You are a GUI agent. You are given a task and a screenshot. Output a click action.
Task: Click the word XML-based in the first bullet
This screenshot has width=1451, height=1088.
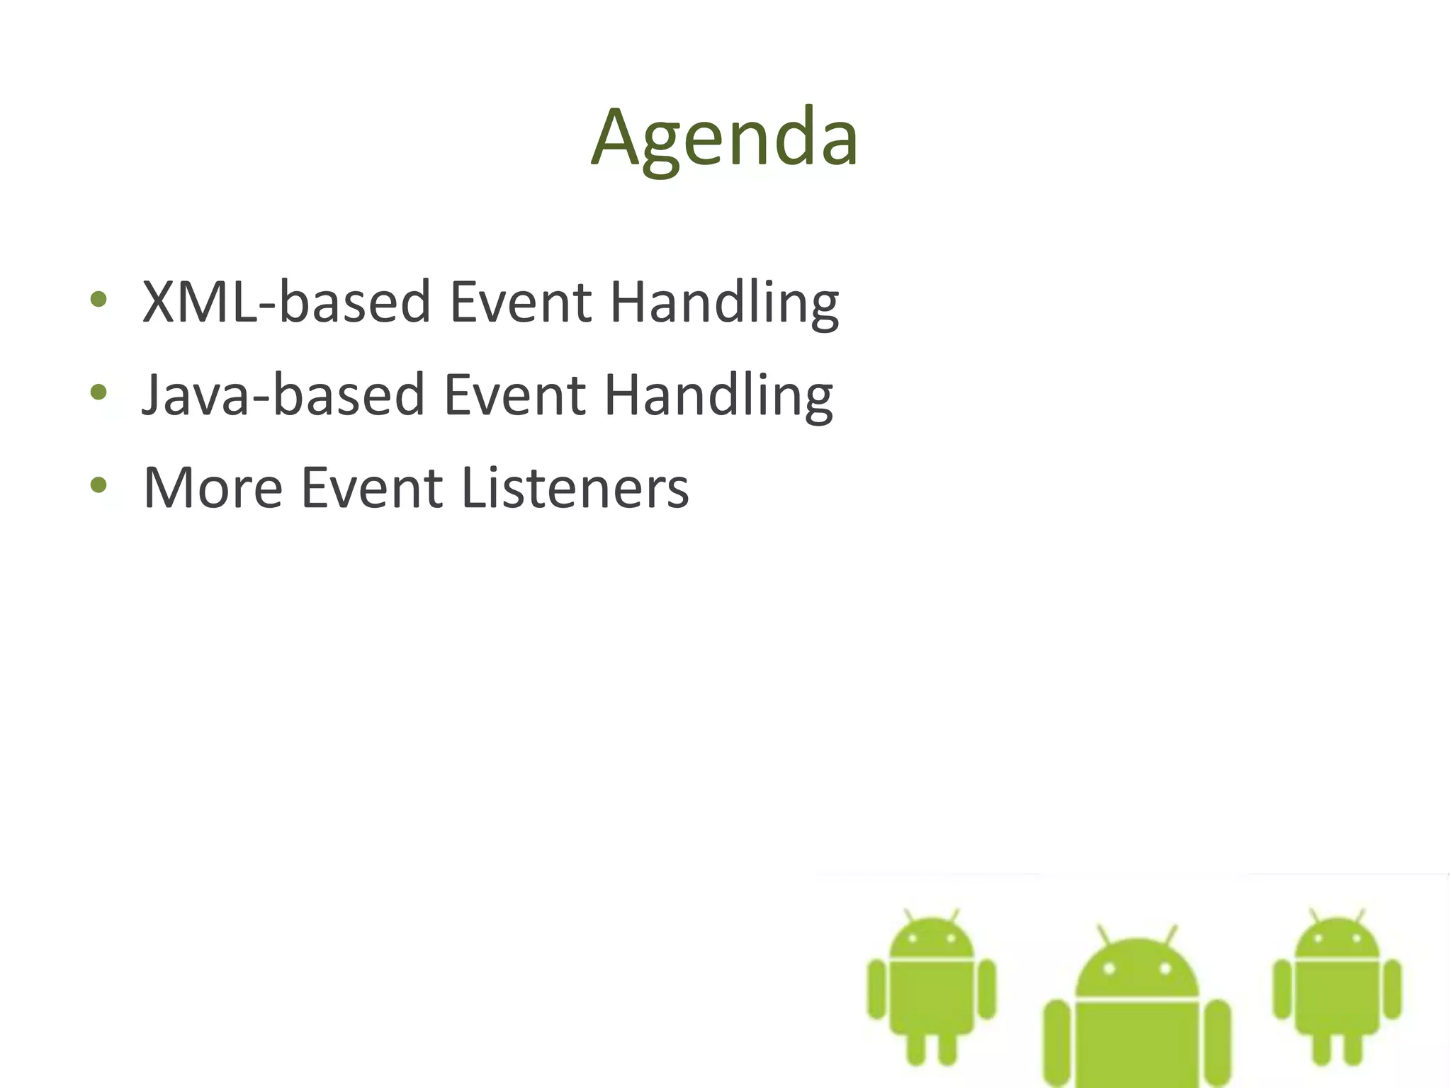point(286,302)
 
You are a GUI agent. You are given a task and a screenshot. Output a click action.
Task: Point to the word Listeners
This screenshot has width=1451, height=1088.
point(575,487)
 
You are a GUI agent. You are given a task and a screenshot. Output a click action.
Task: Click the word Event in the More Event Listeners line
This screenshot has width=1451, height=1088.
point(372,487)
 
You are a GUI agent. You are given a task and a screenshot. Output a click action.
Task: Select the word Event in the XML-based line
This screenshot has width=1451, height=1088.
point(521,302)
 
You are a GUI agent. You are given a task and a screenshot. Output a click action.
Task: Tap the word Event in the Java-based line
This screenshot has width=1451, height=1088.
point(515,395)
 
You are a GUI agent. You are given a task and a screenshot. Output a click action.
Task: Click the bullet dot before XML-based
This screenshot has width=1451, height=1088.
point(98,300)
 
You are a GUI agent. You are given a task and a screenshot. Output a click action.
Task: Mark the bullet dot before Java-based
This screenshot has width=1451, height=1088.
point(98,392)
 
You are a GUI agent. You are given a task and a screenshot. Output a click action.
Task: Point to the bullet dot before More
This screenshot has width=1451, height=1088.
point(98,485)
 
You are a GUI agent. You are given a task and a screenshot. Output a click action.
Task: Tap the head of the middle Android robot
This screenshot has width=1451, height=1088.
point(1136,968)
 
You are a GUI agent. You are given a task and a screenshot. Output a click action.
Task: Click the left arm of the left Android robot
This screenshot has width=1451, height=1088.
point(877,989)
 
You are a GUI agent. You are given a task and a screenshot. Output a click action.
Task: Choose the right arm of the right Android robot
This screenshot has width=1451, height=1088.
point(1392,989)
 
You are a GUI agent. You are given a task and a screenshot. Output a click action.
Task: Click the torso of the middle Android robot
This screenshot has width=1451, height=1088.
point(1136,1041)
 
